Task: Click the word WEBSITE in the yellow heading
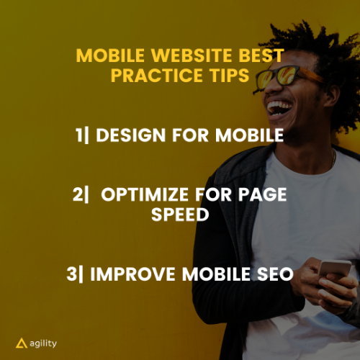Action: [x=192, y=55]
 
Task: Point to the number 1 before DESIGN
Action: [x=79, y=135]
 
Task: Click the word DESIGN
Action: [x=131, y=135]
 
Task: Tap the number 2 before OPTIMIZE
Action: [x=78, y=194]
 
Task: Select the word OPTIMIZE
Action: [x=145, y=194]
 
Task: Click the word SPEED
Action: [x=180, y=215]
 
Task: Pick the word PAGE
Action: [x=263, y=194]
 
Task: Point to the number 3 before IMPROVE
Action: [x=71, y=274]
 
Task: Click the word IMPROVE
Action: [x=132, y=274]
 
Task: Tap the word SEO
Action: [x=275, y=274]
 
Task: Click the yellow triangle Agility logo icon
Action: [x=22, y=343]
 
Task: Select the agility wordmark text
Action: [x=43, y=344]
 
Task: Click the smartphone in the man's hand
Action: [x=335, y=268]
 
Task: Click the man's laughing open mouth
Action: [x=279, y=109]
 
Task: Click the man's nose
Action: [x=271, y=89]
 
